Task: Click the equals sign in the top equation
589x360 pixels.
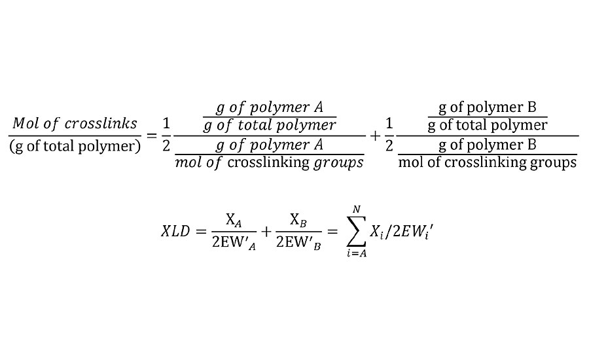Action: click(x=151, y=135)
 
